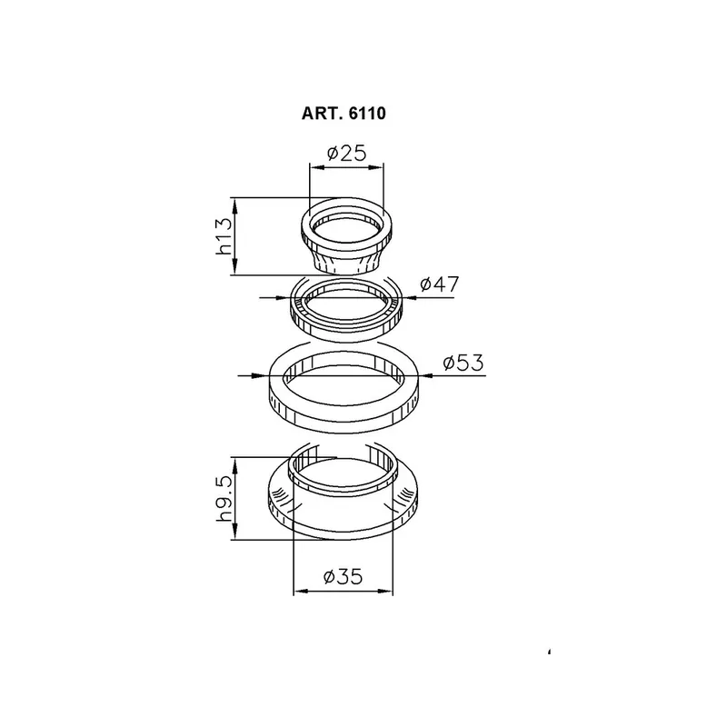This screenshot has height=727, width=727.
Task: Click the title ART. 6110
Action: click(344, 113)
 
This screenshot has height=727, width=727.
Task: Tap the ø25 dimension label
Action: click(347, 153)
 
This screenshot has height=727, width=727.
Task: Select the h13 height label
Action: click(224, 236)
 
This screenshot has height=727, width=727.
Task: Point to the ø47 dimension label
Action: click(440, 284)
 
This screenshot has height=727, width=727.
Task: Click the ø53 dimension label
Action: click(463, 362)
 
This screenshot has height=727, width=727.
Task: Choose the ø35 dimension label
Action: click(344, 577)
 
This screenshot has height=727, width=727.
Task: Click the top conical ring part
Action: click(347, 236)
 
